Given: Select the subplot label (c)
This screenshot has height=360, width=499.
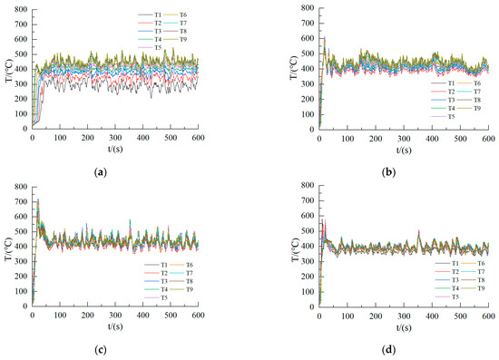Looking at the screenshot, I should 113,348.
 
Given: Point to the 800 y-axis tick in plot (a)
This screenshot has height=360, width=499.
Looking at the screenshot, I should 21,9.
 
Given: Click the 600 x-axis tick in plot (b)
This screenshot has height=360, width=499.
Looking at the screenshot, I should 487,136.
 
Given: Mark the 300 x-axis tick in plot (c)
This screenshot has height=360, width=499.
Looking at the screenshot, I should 114,314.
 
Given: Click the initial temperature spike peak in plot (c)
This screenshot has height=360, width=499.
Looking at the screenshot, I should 37,199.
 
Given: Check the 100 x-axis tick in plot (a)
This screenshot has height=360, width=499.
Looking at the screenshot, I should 60,135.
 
